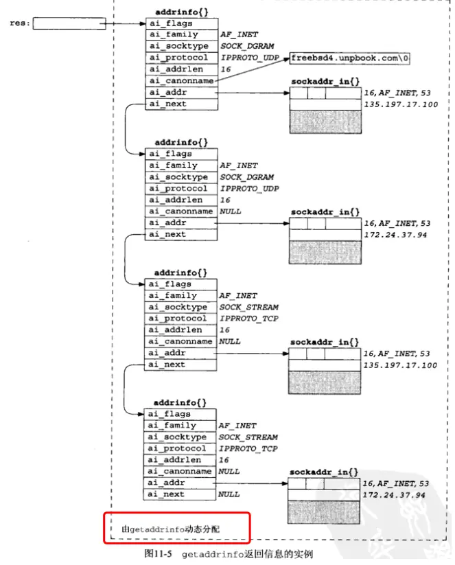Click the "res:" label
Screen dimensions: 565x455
click(19, 23)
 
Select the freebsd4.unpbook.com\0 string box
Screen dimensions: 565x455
click(350, 58)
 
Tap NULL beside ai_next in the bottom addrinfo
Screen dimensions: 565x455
click(229, 494)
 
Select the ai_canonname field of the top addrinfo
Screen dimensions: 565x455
click(181, 81)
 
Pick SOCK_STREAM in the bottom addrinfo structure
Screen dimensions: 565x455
click(248, 437)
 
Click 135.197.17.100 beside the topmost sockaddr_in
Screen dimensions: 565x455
click(401, 104)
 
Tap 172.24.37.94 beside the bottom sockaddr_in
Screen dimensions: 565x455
click(394, 495)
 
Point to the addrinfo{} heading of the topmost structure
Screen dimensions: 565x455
click(178, 12)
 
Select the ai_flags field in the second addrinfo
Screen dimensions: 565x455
click(181, 154)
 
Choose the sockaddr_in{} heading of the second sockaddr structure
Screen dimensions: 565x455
click(325, 213)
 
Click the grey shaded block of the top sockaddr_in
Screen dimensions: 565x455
click(325, 122)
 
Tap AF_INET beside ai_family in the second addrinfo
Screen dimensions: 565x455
click(239, 165)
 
